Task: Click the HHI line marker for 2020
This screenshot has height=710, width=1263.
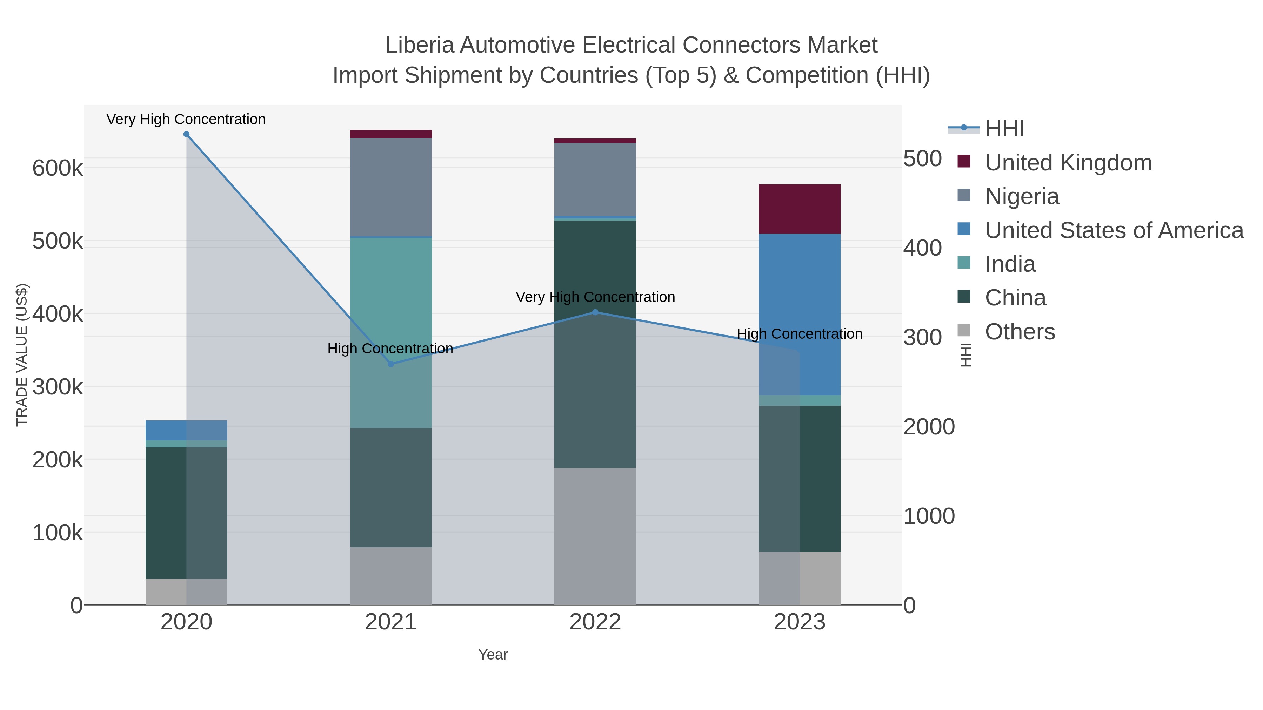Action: (x=186, y=134)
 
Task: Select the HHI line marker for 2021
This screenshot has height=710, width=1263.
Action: (x=391, y=364)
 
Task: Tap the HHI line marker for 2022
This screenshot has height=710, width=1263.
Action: (x=595, y=312)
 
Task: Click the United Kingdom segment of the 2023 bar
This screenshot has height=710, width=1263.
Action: (x=800, y=209)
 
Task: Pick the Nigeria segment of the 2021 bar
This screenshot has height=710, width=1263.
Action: (x=391, y=187)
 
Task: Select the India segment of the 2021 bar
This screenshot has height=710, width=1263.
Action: (x=391, y=333)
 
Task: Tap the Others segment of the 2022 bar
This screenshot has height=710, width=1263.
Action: (x=595, y=536)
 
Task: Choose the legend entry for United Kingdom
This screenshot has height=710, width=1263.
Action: (x=1068, y=163)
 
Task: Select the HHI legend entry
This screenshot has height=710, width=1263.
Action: (x=1004, y=129)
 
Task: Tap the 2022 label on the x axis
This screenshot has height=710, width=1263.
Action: (x=595, y=622)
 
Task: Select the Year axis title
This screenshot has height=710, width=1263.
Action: (x=493, y=655)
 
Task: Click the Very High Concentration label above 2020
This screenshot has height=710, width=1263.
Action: (x=186, y=119)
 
